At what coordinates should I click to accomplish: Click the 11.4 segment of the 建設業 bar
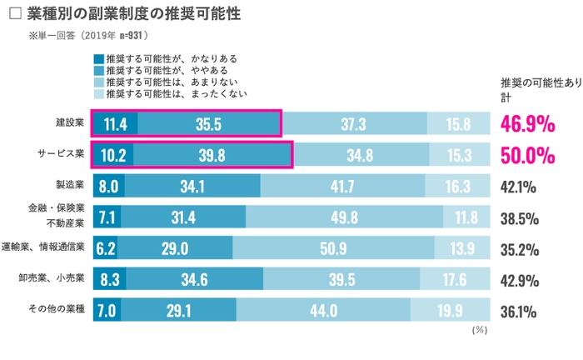[x=115, y=124]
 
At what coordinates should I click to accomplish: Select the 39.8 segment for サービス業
[x=212, y=155]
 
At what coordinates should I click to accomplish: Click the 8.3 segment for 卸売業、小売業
[x=109, y=279]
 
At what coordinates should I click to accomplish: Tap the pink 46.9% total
[x=528, y=124]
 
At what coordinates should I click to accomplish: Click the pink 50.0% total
[x=528, y=155]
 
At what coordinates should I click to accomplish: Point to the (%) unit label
[x=479, y=330]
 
